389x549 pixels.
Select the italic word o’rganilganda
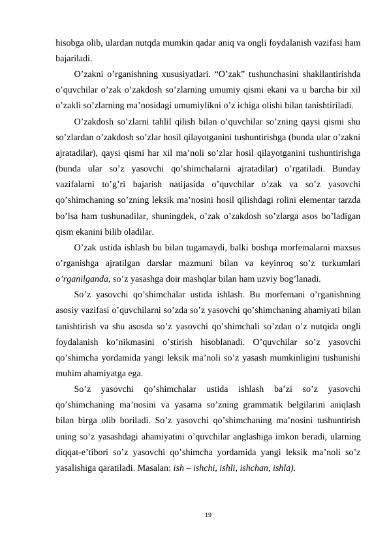[82, 278]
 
